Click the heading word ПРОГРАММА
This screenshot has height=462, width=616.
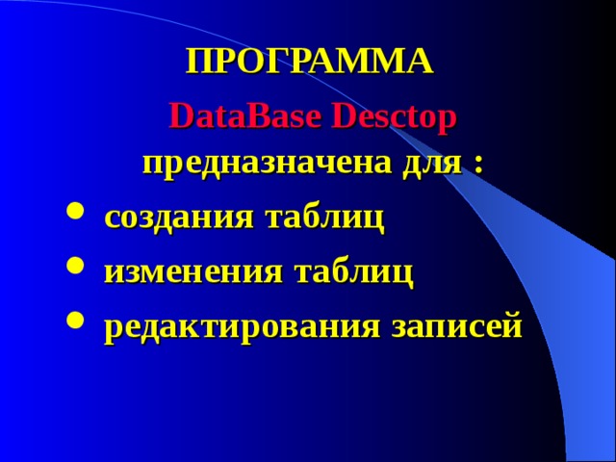click(309, 62)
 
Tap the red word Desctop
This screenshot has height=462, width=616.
click(394, 118)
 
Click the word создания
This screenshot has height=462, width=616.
click(178, 218)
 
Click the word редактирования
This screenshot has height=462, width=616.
click(242, 327)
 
